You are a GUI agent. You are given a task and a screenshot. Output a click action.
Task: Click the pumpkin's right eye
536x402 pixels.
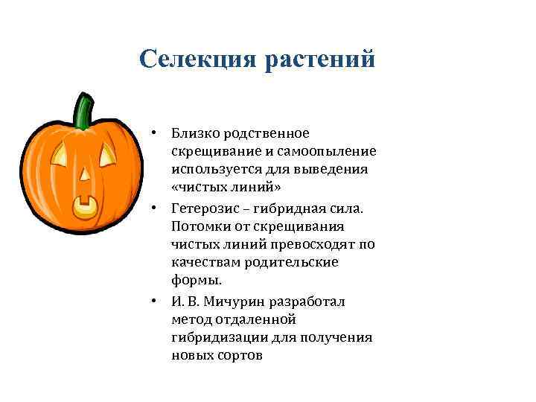point(107,154)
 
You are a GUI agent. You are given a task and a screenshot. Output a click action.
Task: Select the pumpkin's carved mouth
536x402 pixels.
point(85,205)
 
